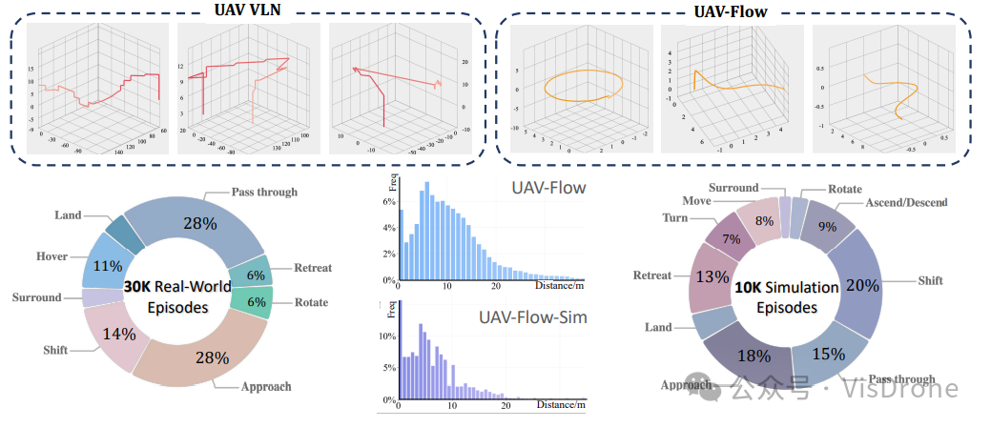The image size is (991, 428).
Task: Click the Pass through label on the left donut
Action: coord(264,192)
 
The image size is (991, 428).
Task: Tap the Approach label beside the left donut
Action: coord(267,387)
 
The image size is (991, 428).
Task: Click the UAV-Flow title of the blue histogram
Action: coord(547,189)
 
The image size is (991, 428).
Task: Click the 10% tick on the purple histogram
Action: coord(386,336)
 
